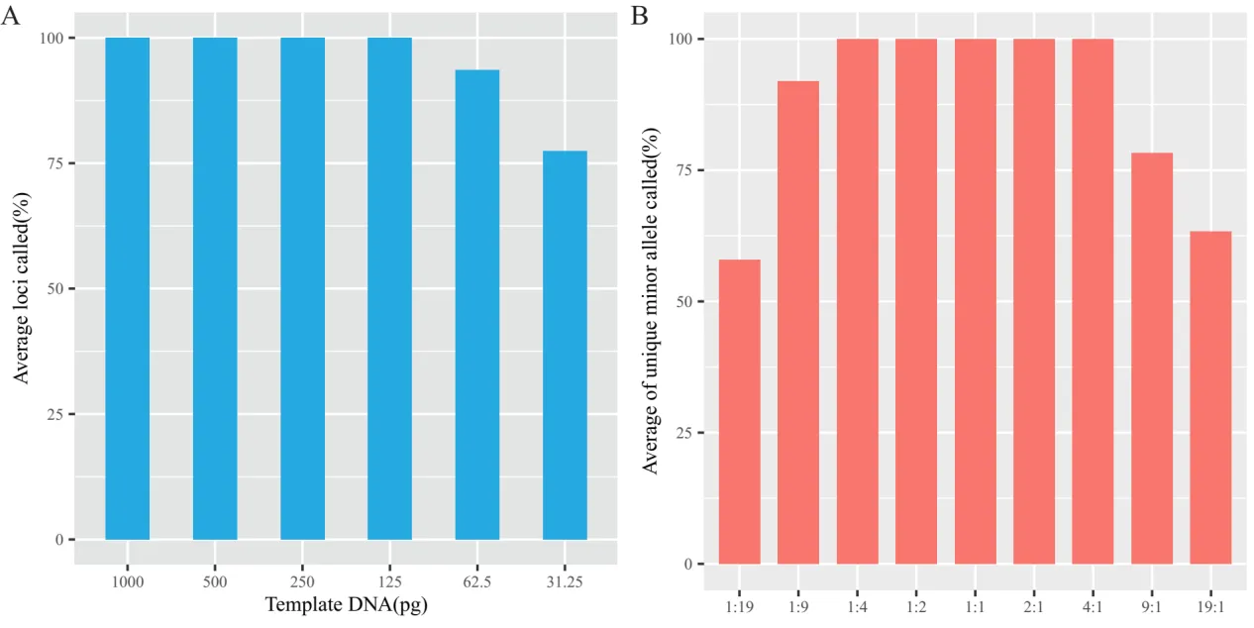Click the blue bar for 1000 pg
click(128, 288)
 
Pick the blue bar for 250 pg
click(302, 288)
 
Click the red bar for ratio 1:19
click(739, 411)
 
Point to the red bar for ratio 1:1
click(976, 301)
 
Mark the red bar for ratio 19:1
click(1210, 397)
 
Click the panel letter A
click(13, 16)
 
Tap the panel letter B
click(640, 16)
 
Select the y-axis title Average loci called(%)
click(22, 288)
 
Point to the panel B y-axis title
click(651, 299)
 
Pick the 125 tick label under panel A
click(389, 582)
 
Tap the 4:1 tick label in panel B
click(1093, 607)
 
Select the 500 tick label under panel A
click(215, 582)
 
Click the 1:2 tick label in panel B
click(916, 607)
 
